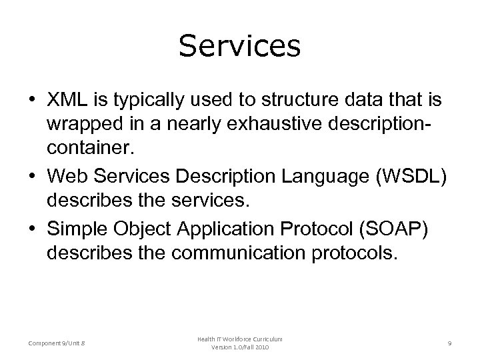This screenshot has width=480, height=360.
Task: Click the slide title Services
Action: tap(239, 47)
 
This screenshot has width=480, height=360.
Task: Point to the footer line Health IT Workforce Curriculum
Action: tap(239, 339)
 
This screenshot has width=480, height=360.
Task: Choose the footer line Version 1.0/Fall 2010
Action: tap(239, 349)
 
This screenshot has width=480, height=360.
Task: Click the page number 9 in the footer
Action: tap(450, 343)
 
